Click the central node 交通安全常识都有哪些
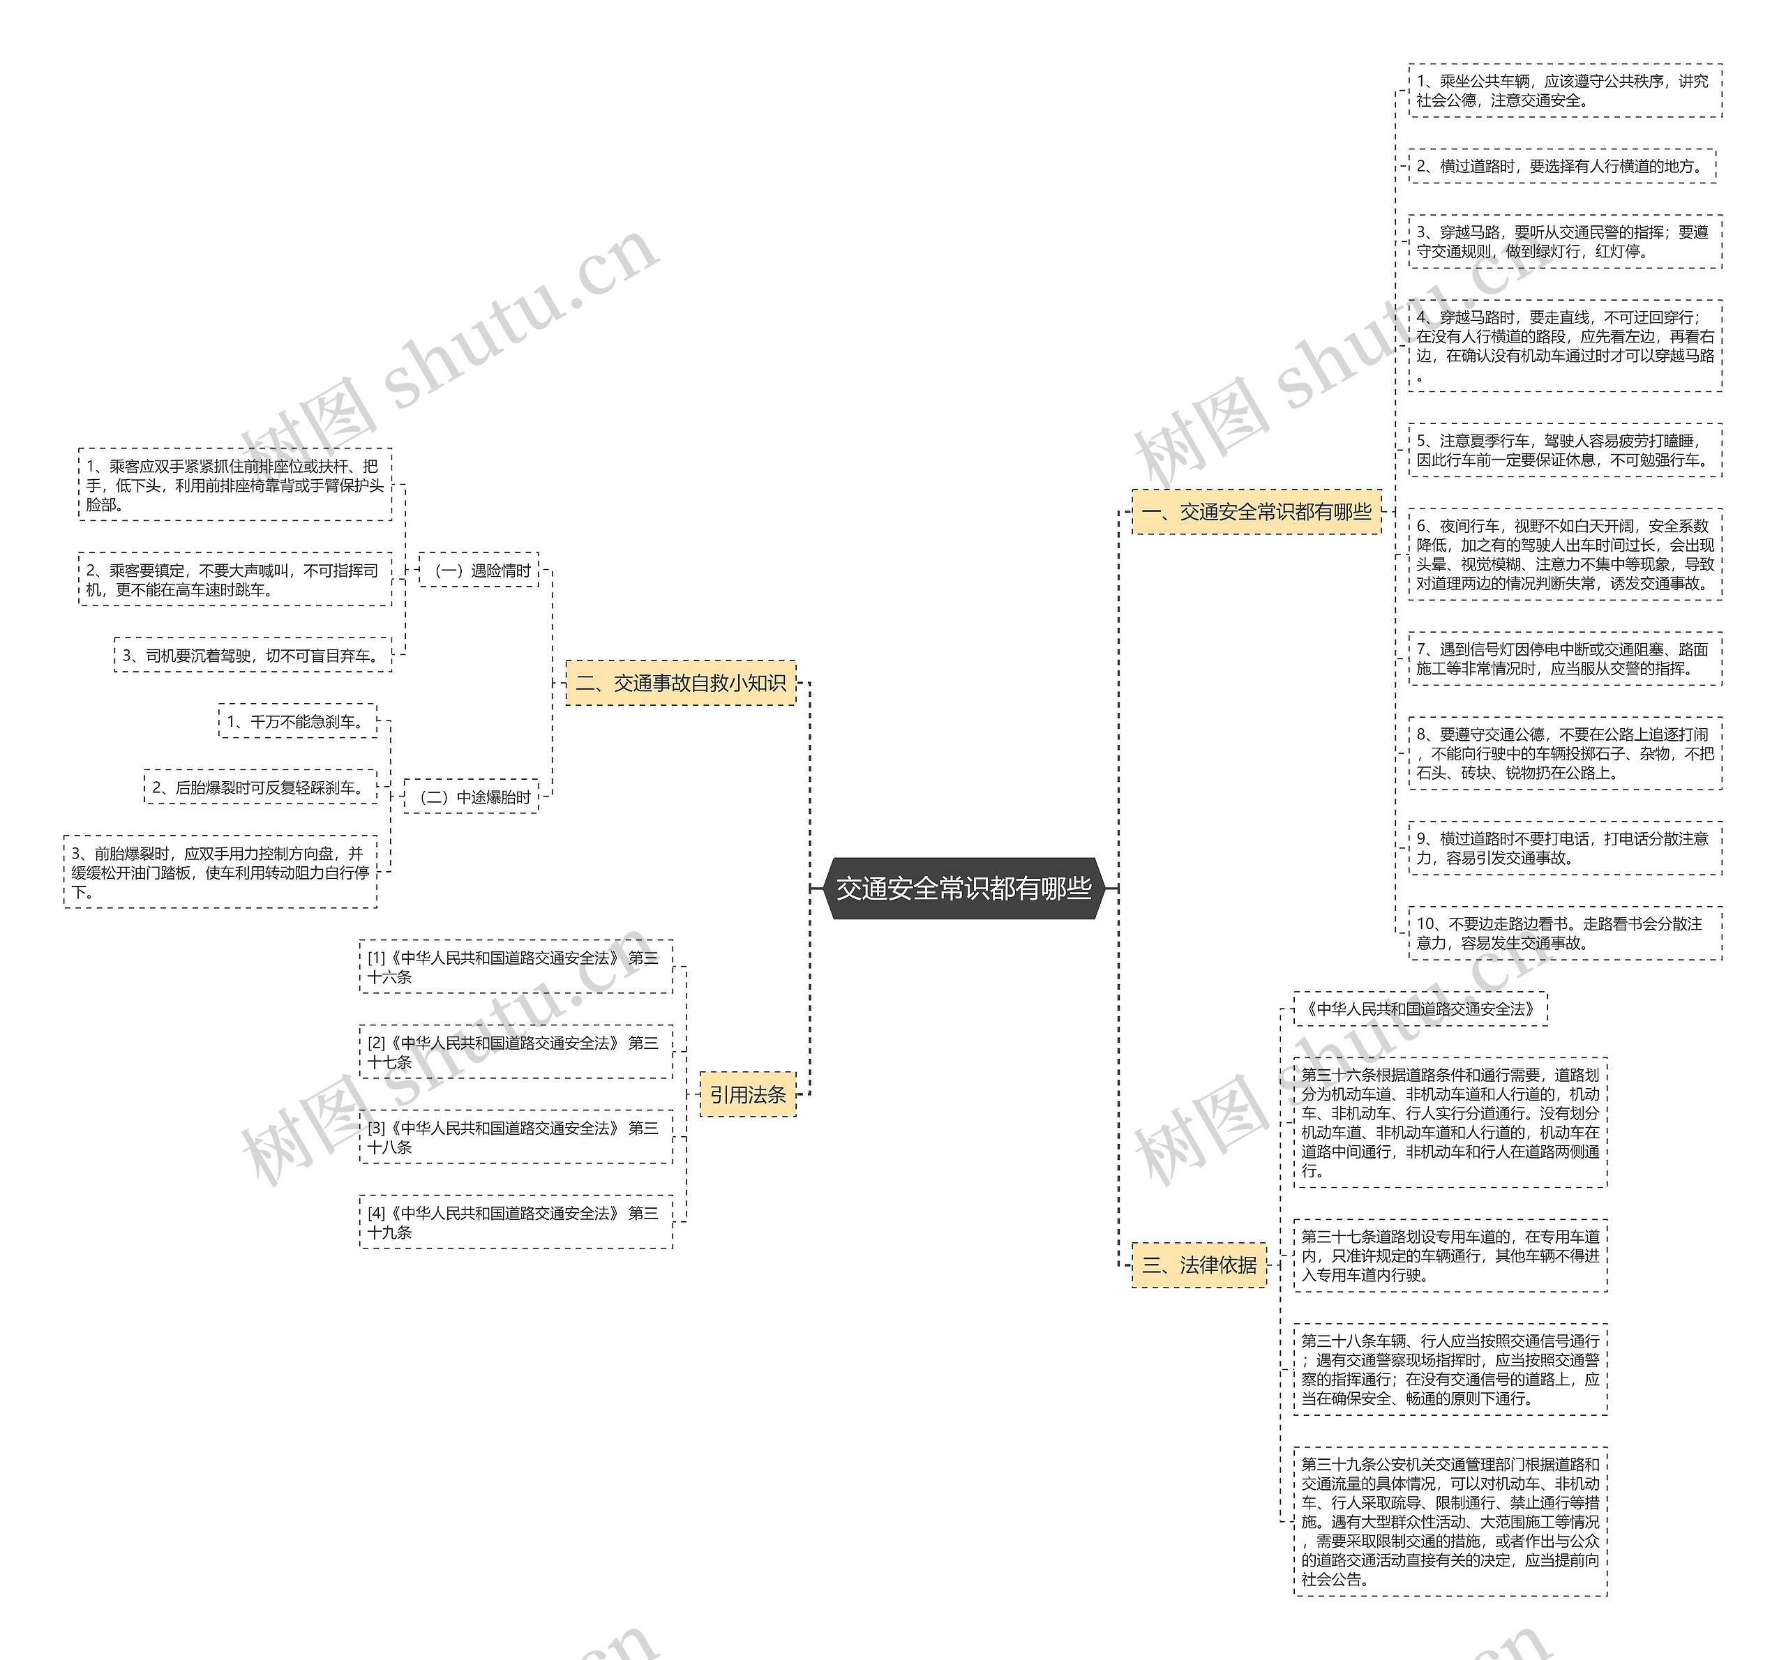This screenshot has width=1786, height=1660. pos(963,889)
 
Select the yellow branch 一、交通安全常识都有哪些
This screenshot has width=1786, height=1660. pos(1256,512)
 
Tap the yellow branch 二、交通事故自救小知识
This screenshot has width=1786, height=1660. pos(680,684)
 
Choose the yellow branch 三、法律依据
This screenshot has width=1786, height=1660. pos(1199,1265)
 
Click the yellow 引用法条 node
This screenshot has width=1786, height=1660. pos(747,1094)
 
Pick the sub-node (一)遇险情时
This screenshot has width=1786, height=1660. pos(479,571)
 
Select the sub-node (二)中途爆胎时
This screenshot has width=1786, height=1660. pos(471,797)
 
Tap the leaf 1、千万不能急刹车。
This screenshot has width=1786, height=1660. pos(297,721)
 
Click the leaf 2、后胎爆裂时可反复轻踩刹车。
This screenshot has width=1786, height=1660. pos(260,787)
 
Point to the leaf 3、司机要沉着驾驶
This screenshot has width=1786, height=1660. pos(253,656)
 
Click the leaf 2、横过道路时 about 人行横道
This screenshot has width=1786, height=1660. pos(1561,166)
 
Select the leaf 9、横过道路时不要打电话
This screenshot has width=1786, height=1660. pos(1564,848)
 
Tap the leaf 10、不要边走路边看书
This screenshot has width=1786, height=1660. pos(1564,933)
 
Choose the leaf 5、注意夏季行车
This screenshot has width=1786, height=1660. pos(1564,450)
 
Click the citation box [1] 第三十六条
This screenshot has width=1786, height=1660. pos(516,967)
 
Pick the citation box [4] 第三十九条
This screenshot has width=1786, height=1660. pos(516,1222)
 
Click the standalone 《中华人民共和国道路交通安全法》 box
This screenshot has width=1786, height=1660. pos(1420,1009)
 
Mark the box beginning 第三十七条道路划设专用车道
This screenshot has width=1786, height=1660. pos(1450,1255)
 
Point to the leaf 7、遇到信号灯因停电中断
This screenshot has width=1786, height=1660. pos(1564,658)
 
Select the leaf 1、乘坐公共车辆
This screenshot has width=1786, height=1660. pos(1564,91)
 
